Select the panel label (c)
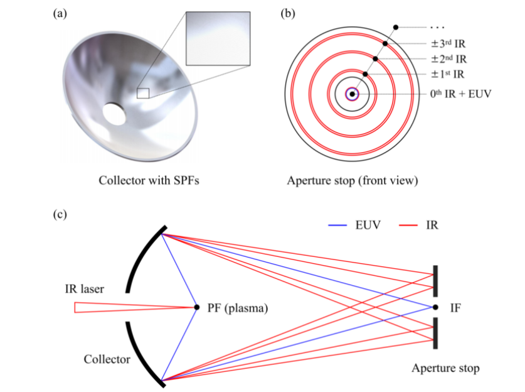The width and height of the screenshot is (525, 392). (x=60, y=214)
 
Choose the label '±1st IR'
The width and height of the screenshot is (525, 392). (x=447, y=75)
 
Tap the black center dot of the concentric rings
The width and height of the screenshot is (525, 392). (x=353, y=94)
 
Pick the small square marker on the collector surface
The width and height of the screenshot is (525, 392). (x=143, y=93)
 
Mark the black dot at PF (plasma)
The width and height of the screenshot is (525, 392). (x=197, y=307)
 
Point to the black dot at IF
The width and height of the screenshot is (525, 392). (x=435, y=307)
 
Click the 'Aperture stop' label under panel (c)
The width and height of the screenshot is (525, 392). (x=445, y=368)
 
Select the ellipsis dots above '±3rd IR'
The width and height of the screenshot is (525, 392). (x=438, y=27)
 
